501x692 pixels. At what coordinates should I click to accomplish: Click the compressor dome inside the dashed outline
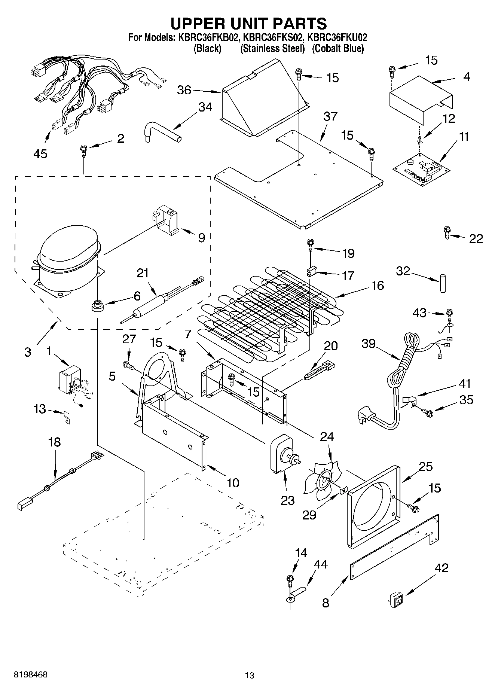(x=69, y=249)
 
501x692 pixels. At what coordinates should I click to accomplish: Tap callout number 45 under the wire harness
(x=40, y=154)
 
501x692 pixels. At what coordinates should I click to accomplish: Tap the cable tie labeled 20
(x=319, y=370)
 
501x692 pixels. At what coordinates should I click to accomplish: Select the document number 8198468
(x=31, y=675)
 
